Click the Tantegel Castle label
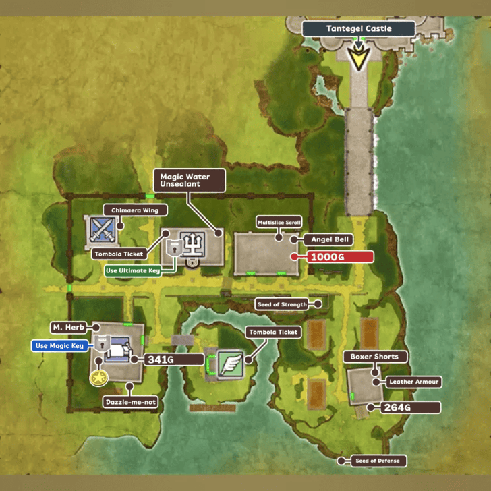click(x=358, y=29)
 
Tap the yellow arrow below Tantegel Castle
click(x=358, y=58)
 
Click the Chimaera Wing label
click(x=135, y=210)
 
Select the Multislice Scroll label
click(x=279, y=222)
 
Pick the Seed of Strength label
click(x=281, y=304)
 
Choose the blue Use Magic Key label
click(x=60, y=346)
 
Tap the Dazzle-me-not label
click(x=131, y=402)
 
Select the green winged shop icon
click(x=229, y=364)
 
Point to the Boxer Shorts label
click(x=374, y=357)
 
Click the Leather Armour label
click(x=413, y=382)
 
